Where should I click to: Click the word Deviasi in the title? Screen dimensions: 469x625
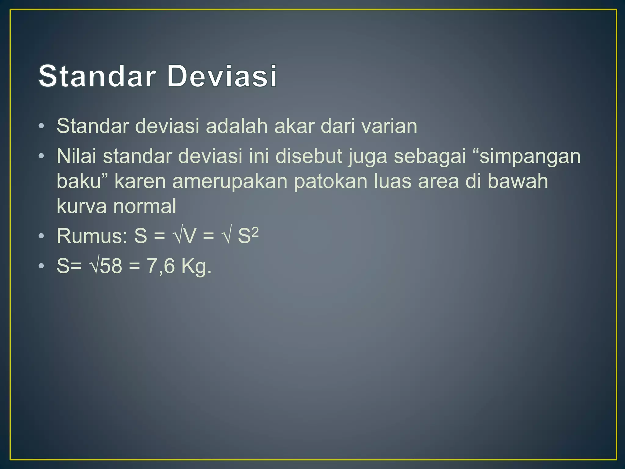[x=222, y=76]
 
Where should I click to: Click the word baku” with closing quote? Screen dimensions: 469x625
[x=82, y=181]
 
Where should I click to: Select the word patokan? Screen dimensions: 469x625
[x=331, y=181]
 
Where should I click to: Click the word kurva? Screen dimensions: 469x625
[x=81, y=206]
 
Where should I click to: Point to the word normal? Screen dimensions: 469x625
[x=145, y=206]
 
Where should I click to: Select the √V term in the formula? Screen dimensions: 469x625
[x=184, y=236]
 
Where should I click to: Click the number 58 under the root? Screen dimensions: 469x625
[x=111, y=266]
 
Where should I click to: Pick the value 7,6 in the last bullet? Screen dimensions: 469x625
[x=161, y=266]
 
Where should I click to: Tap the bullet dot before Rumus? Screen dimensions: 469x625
[x=42, y=236]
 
